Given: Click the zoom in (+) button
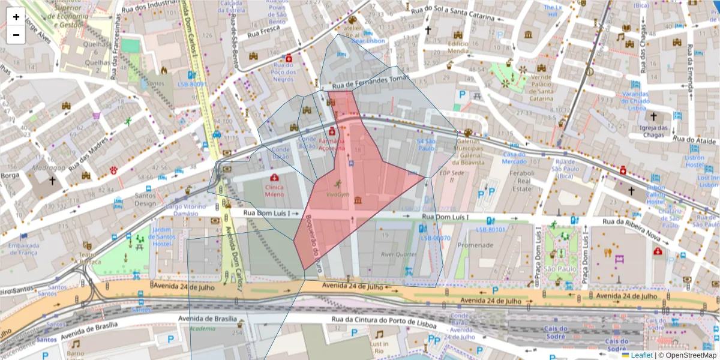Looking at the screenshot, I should [16, 17].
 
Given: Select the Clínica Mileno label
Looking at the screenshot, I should [274, 190].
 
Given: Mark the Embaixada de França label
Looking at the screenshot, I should [23, 249].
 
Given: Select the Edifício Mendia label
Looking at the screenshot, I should [457, 47].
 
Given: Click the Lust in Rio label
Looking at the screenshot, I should [379, 347].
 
